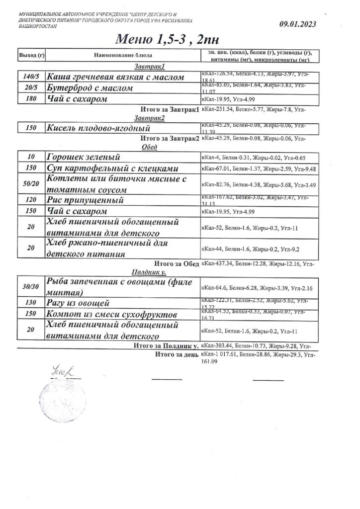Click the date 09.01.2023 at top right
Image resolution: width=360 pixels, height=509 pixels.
(298, 23)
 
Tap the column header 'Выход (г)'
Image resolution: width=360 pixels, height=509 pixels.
(31, 55)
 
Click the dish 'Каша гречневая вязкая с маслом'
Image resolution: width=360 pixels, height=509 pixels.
(115, 77)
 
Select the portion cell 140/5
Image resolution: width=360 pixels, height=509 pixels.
(31, 77)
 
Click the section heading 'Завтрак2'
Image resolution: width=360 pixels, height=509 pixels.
(149, 118)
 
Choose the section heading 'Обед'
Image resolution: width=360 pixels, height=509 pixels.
(149, 147)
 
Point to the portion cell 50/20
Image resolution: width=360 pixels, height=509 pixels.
(31, 184)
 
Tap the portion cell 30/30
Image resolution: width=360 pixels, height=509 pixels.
(31, 287)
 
